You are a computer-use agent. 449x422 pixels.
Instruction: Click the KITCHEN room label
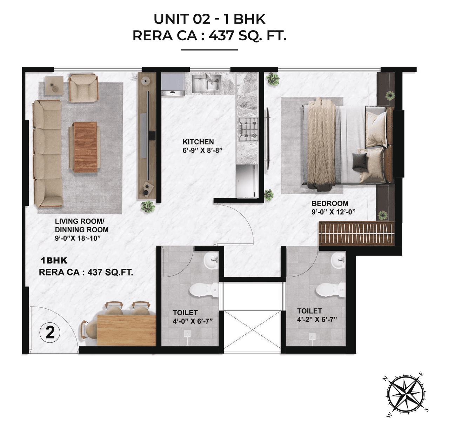coord(198,142)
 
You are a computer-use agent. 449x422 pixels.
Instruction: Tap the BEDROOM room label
coord(330,203)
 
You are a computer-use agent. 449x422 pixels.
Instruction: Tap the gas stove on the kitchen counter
coord(248,128)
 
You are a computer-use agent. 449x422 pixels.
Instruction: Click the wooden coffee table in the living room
coord(85,147)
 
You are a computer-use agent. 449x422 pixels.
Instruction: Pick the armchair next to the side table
coord(83,88)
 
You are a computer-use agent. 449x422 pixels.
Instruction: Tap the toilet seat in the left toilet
coord(202,290)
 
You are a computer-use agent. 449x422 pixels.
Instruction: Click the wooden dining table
coord(126,330)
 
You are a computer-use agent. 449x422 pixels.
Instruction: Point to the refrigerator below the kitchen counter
coord(247,181)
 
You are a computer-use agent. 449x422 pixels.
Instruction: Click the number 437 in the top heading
coord(221,35)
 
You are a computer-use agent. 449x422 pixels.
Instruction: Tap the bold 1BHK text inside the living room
coord(54,261)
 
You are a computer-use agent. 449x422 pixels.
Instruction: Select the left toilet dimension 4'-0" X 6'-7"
coord(193,321)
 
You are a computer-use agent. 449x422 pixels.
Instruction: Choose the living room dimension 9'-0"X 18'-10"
coord(78,239)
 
